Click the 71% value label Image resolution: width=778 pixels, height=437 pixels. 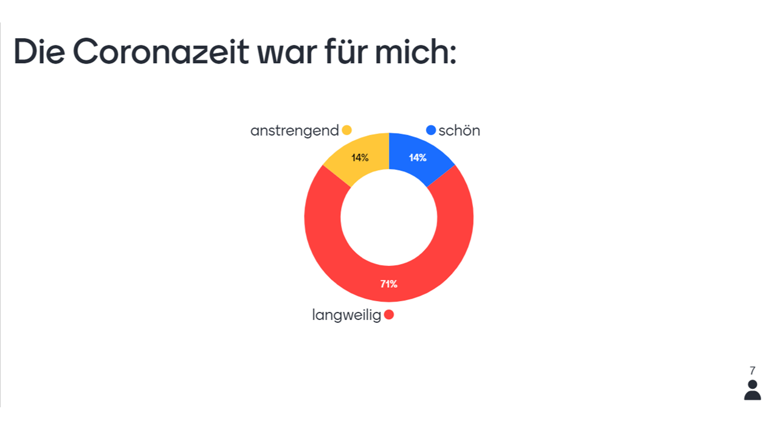click(389, 283)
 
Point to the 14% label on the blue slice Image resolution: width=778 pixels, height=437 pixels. click(418, 158)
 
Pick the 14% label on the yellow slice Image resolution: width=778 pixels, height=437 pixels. click(360, 158)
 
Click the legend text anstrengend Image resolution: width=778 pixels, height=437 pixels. click(294, 130)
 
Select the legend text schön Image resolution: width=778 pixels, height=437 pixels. click(460, 130)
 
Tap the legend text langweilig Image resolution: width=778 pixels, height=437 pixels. click(346, 315)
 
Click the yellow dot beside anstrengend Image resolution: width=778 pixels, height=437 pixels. click(347, 130)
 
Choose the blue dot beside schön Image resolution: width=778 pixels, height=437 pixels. click(431, 130)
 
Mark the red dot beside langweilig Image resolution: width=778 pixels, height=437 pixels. click(389, 314)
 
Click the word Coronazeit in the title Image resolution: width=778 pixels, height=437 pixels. click(160, 52)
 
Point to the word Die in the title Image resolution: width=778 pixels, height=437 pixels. click(38, 52)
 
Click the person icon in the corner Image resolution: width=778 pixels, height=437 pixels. click(752, 390)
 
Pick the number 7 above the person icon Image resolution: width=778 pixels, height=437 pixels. click(752, 371)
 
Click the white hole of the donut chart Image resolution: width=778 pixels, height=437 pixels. click(389, 217)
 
